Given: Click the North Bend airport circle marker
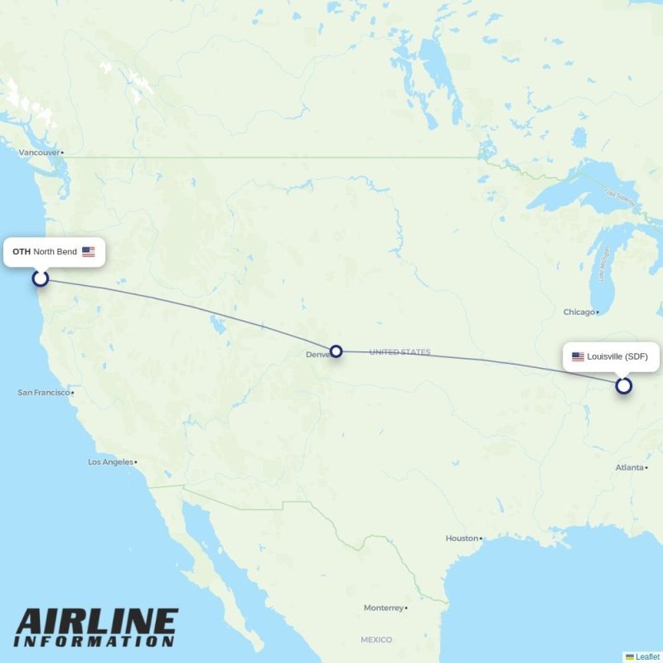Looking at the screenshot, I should [x=41, y=278].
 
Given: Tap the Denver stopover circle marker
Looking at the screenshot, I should [x=336, y=351].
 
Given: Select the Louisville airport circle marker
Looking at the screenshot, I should [x=623, y=385].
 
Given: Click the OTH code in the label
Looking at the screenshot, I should [x=22, y=252].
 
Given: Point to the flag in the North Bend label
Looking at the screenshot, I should [x=88, y=252].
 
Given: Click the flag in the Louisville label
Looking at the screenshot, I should [x=578, y=357].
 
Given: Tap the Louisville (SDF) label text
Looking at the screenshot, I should [x=617, y=357].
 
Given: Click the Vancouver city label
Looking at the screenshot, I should [x=40, y=152].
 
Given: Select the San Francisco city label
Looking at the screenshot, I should [x=44, y=392].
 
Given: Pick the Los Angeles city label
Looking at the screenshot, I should [x=110, y=462].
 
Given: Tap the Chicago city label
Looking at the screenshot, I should [x=579, y=312].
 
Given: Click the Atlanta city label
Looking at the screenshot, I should [x=630, y=467].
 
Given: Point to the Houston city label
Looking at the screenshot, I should [x=462, y=538].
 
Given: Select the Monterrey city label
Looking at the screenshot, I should [x=383, y=607].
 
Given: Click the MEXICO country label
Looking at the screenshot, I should [x=375, y=640].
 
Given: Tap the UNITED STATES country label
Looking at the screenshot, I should [x=399, y=352].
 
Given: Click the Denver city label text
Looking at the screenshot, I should [x=317, y=355].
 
